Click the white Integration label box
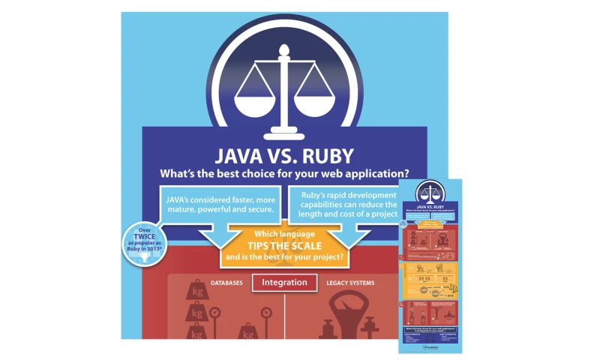tap(285, 283)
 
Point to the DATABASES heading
tap(226, 283)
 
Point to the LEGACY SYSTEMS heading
tap(351, 283)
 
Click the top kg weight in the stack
tap(198, 289)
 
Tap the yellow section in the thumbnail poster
tap(430, 276)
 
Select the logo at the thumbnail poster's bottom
tap(430, 347)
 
